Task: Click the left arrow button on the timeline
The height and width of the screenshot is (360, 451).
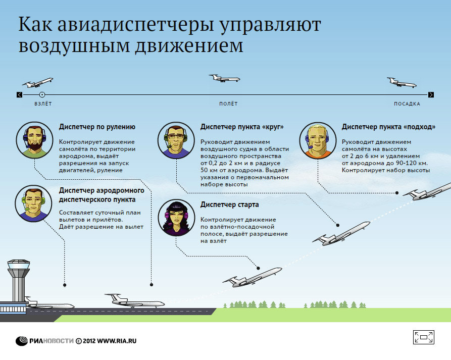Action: [20, 94]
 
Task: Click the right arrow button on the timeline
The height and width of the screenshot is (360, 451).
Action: [431, 94]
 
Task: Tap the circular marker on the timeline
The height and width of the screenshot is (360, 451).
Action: [42, 94]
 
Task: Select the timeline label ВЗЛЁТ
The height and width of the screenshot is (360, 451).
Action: [43, 104]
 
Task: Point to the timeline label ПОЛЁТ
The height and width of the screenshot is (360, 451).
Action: [228, 104]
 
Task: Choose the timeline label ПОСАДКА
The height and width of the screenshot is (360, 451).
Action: [407, 104]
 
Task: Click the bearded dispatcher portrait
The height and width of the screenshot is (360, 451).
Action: [34, 140]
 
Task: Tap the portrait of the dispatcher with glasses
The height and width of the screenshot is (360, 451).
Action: [176, 140]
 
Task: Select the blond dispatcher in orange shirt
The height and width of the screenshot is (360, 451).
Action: [318, 140]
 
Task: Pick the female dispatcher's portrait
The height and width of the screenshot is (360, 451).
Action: [176, 218]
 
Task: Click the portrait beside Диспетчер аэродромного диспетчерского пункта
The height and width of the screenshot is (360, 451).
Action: [33, 203]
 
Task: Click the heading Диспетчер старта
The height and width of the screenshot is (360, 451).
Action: [229, 204]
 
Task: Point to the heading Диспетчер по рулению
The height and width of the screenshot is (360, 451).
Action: [97, 127]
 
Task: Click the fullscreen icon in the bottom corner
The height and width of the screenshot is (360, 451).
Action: [423, 337]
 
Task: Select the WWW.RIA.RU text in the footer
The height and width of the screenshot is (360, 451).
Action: [117, 341]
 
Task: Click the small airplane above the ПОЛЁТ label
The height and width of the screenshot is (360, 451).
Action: [224, 78]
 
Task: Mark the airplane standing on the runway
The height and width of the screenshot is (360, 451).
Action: [135, 301]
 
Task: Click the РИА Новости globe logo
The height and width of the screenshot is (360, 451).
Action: [22, 341]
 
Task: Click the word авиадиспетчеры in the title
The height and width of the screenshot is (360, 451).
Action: [135, 24]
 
